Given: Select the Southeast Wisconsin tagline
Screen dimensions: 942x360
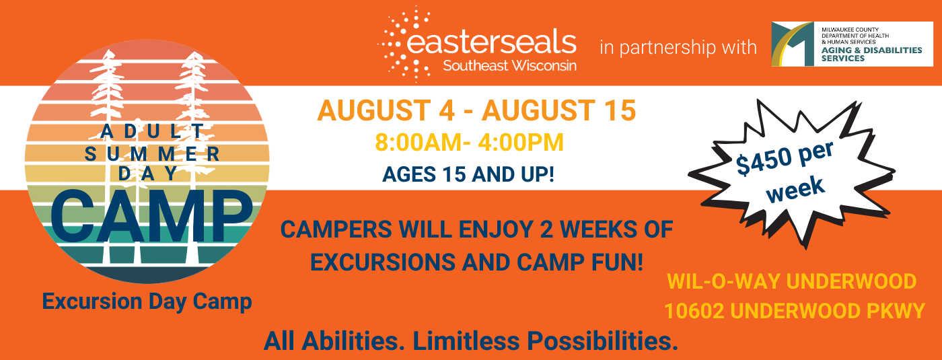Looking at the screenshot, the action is point(510,66).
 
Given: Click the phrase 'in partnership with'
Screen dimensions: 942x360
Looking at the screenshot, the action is point(678,48).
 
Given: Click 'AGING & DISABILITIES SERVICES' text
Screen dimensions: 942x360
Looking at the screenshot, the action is point(871,55).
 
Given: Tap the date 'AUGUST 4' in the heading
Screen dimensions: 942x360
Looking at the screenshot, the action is point(386,110).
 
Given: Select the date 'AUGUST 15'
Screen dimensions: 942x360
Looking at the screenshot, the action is point(559,110).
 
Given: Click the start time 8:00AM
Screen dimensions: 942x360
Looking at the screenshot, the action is point(419,142).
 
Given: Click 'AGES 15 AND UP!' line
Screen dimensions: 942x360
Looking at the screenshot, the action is point(468,174).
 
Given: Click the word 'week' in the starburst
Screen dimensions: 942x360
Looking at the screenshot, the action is point(795,189).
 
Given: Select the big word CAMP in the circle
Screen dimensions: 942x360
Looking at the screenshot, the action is point(151,216).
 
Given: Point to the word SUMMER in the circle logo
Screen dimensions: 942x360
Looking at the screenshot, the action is point(152,154).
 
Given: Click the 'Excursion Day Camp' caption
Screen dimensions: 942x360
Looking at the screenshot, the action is point(147,301).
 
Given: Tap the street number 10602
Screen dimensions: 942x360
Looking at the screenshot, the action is point(694,311).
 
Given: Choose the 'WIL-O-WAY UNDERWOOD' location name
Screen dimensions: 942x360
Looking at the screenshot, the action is point(792,281).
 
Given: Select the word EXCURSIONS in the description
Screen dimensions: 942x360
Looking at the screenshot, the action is point(383,262).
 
